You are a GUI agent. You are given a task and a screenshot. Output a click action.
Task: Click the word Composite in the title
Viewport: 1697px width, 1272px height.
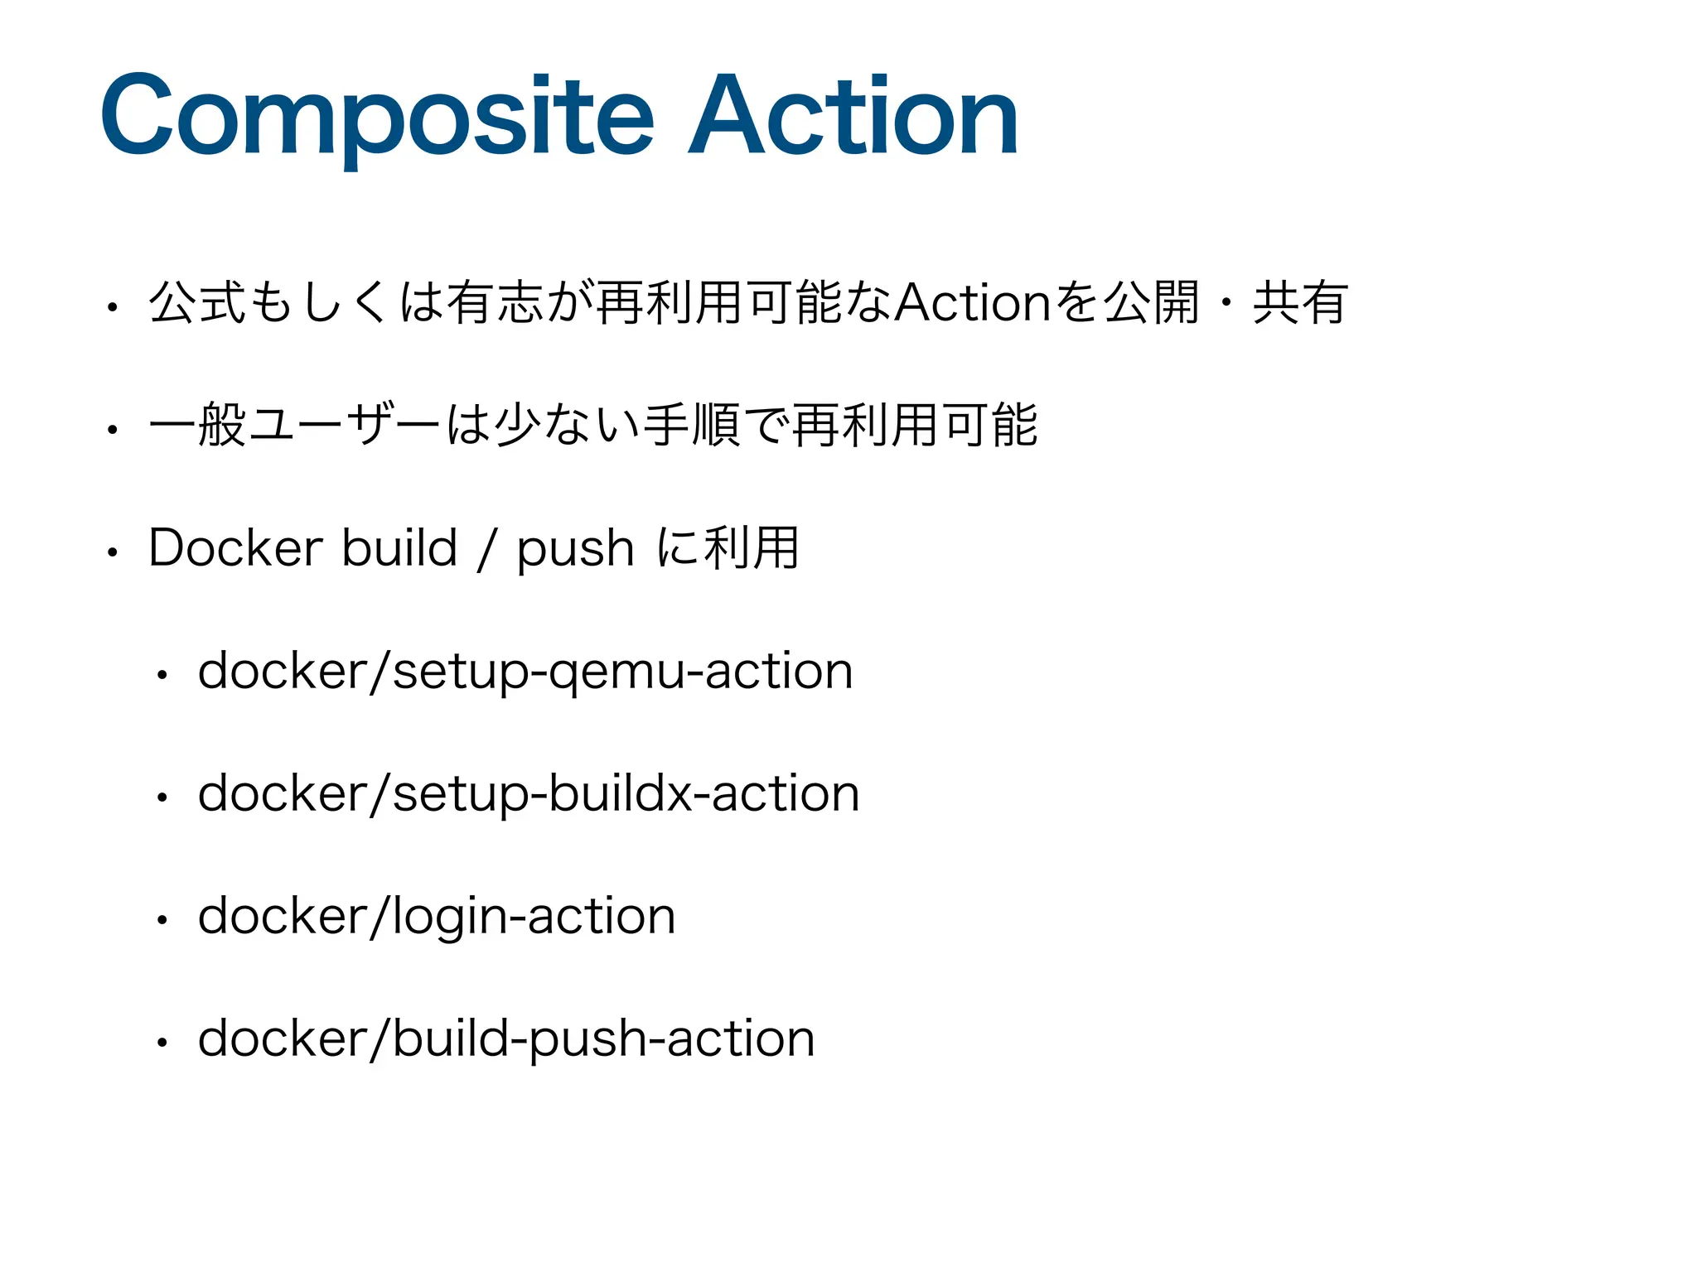(377, 116)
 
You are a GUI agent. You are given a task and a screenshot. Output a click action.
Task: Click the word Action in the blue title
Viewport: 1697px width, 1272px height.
(853, 116)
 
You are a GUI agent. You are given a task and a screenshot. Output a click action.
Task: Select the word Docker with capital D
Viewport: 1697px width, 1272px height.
(235, 548)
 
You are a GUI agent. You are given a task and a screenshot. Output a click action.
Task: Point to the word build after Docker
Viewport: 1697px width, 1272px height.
(399, 548)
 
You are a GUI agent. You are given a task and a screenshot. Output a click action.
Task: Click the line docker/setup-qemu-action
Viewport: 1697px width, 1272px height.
(525, 671)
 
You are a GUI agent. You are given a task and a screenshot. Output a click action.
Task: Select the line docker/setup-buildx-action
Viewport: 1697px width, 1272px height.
(529, 793)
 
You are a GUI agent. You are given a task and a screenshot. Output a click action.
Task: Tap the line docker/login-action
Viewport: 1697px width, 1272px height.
(437, 917)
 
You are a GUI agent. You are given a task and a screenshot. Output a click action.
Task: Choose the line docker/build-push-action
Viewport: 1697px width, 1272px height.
(506, 1039)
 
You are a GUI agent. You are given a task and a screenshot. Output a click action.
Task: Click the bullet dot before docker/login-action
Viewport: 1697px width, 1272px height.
(162, 920)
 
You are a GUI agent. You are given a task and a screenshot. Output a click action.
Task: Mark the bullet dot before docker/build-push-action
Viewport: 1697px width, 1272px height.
(162, 1043)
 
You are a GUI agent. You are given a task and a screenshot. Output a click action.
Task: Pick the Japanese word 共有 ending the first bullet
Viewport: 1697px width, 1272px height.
(1300, 303)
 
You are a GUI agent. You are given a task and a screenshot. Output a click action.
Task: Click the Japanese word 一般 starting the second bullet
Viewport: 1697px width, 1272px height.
(197, 426)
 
